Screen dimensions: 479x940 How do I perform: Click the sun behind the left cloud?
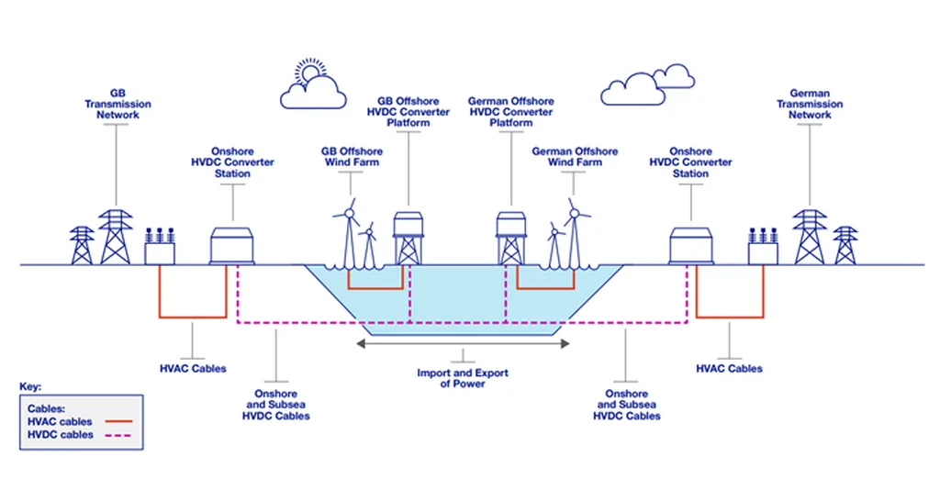tap(310, 72)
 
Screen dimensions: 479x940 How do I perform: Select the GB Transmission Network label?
tap(117, 104)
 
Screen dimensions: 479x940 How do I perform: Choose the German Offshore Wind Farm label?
tap(575, 156)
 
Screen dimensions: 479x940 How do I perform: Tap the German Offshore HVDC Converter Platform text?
tap(510, 111)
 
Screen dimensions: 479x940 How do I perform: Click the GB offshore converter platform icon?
tap(408, 236)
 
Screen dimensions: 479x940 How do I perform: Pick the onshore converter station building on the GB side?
tap(232, 246)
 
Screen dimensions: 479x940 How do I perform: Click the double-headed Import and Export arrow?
tap(463, 344)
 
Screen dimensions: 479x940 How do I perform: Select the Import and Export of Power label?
tap(463, 378)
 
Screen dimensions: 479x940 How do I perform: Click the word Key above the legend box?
tap(30, 387)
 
